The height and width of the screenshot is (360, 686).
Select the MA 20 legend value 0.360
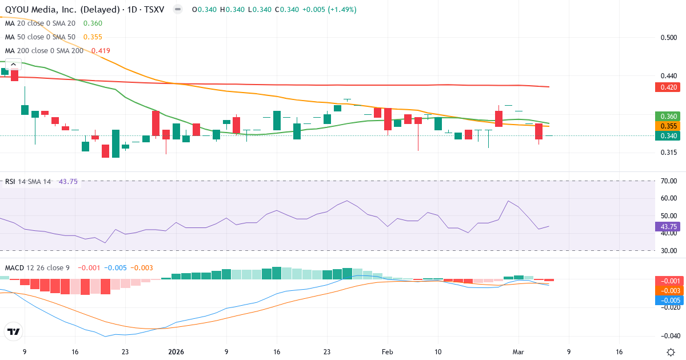click(x=93, y=23)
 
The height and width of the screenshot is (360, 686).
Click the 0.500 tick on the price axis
click(x=668, y=38)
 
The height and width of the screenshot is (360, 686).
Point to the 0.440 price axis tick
click(x=668, y=76)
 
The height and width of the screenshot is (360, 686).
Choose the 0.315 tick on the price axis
click(x=668, y=153)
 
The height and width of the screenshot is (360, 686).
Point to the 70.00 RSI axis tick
click(x=668, y=181)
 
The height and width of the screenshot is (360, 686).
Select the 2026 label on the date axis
click(x=176, y=353)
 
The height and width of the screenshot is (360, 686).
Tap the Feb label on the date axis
click(x=388, y=353)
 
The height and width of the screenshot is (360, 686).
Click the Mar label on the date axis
click(x=519, y=353)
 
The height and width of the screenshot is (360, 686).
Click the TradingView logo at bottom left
click(x=13, y=331)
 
